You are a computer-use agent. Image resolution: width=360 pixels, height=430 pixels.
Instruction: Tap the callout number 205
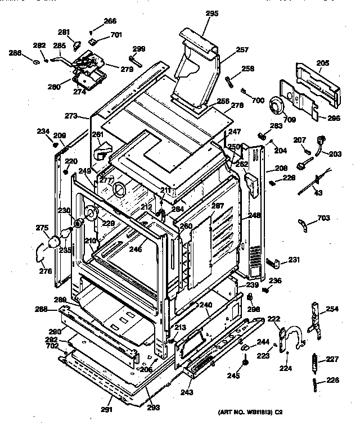pyautogui.click(x=322, y=64)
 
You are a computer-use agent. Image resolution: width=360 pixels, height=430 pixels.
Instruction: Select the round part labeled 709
pyautogui.click(x=278, y=106)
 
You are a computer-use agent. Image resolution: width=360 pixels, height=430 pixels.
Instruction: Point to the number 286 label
pyautogui.click(x=15, y=53)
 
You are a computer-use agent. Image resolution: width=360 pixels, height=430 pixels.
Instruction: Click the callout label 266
pyautogui.click(x=110, y=21)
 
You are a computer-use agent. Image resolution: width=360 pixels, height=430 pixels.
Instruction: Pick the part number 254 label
pyautogui.click(x=333, y=309)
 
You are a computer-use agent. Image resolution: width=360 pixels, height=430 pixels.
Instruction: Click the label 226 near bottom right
pyautogui.click(x=333, y=380)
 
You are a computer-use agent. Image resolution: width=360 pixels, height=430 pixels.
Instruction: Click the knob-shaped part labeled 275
pyautogui.click(x=55, y=241)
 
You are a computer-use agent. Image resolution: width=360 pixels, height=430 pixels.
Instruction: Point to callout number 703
pyautogui.click(x=324, y=218)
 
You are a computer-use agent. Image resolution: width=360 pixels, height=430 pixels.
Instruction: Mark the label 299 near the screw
pyautogui.click(x=138, y=49)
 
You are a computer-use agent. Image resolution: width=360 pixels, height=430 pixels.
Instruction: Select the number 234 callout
pyautogui.click(x=43, y=132)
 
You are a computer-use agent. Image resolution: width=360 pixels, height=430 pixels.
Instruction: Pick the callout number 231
pyautogui.click(x=294, y=259)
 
